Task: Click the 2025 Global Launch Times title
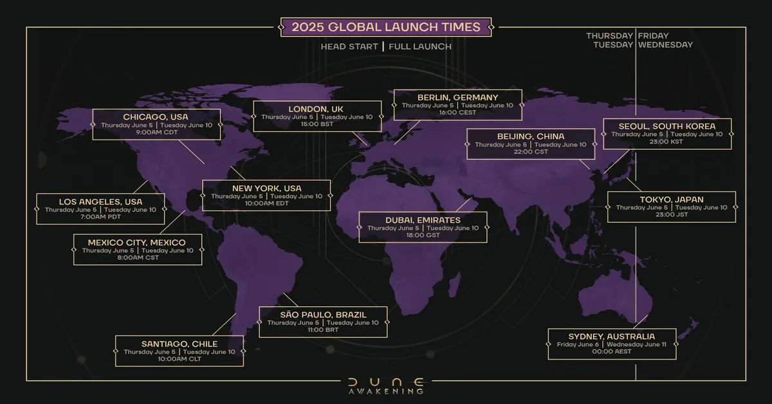[386, 27]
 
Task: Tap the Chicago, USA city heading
[157, 116]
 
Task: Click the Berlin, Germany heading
[457, 97]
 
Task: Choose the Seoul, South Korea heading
[666, 125]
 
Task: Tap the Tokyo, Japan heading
[672, 199]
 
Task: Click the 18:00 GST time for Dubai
[423, 236]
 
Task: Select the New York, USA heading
[266, 188]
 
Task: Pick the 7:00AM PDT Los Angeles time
[100, 217]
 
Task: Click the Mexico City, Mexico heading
[137, 242]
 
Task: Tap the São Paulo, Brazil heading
[323, 315]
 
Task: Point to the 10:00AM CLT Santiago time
[179, 359]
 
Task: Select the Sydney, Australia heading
[612, 336]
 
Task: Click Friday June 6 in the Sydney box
[578, 345]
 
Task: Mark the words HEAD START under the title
[349, 46]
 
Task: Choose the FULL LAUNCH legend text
[420, 46]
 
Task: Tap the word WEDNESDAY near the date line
[666, 45]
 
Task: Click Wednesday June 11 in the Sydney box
[640, 345]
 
